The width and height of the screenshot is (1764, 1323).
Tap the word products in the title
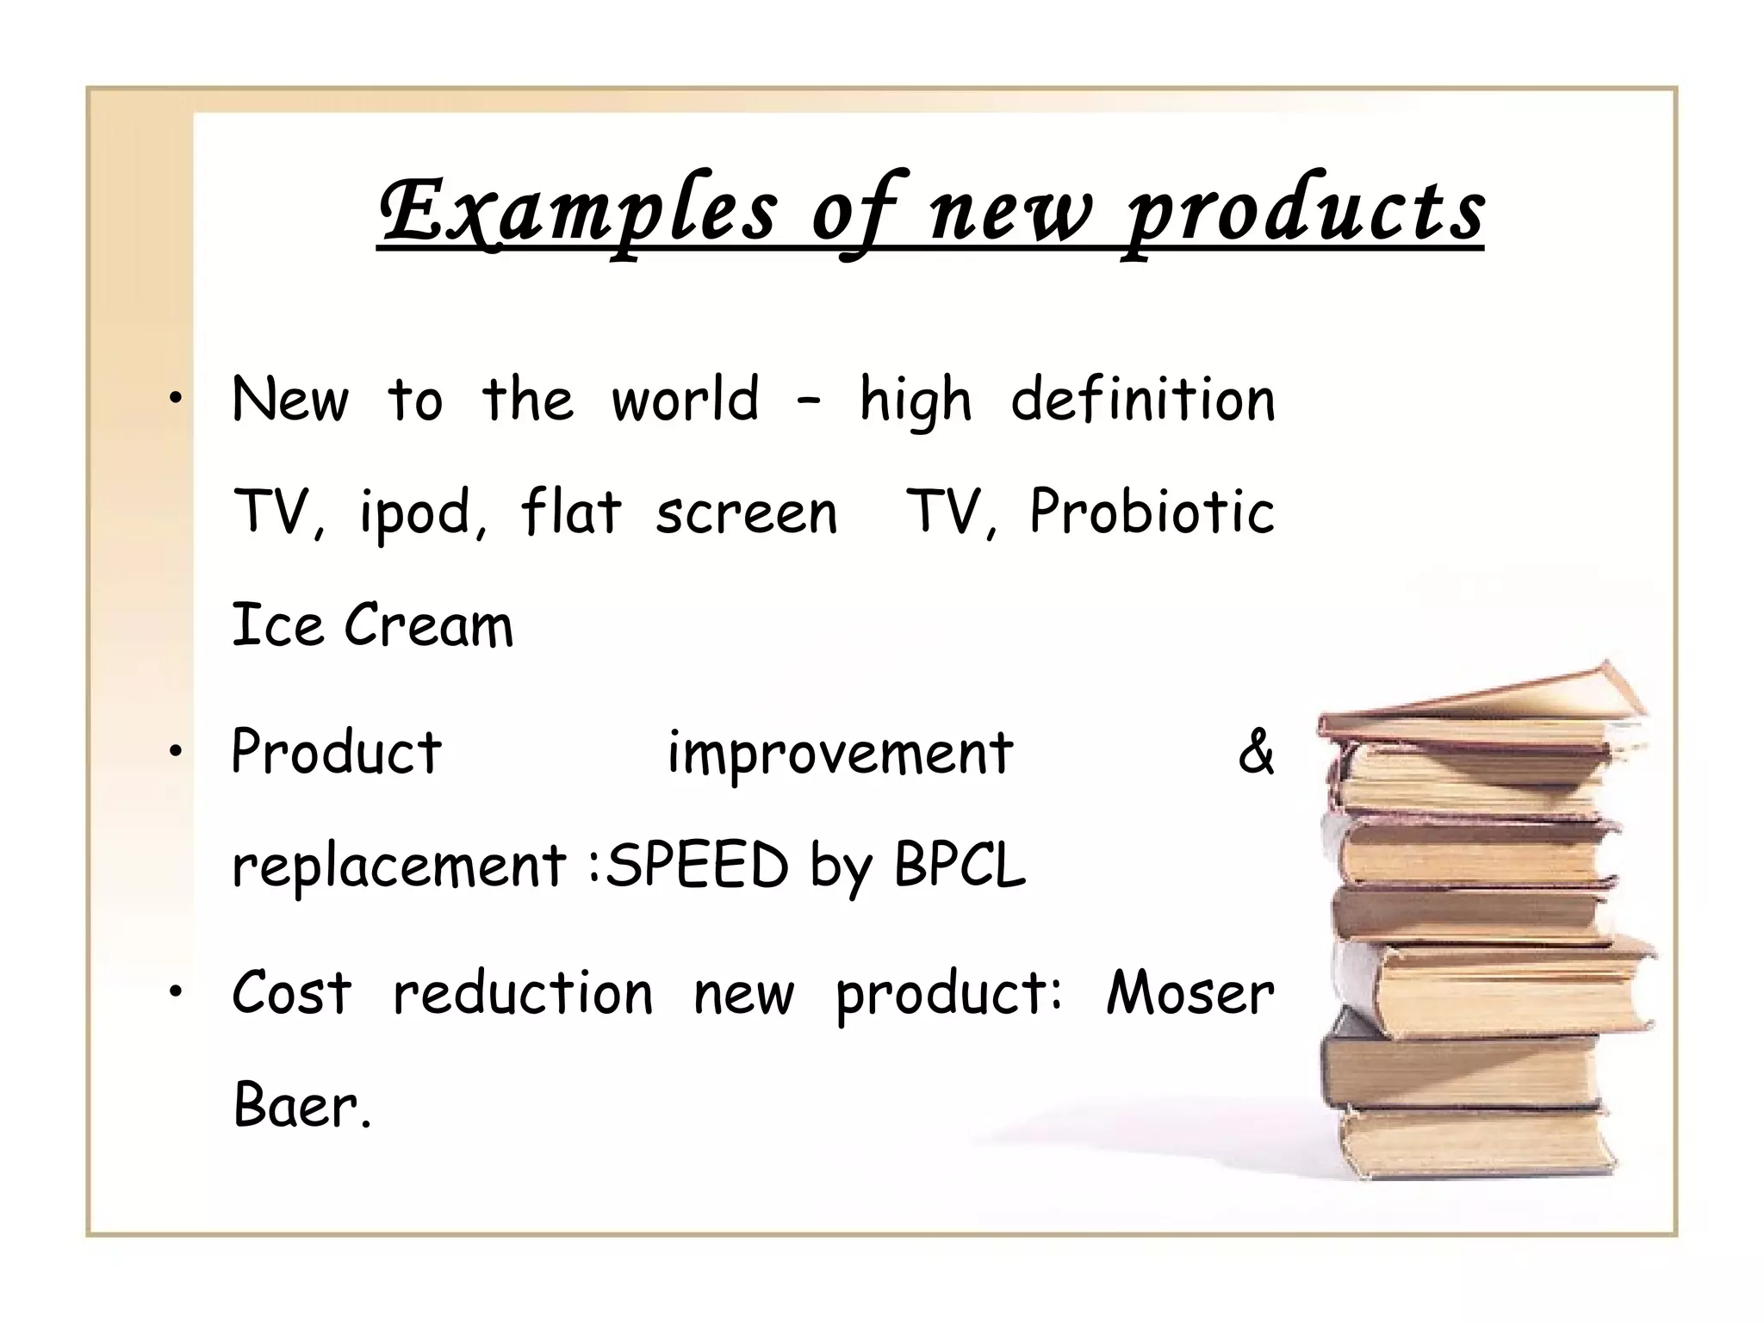click(x=1306, y=211)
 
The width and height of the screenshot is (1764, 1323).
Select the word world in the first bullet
click(x=685, y=401)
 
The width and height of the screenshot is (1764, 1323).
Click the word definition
click(x=1142, y=401)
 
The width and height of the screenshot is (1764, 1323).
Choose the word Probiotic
click(x=1152, y=512)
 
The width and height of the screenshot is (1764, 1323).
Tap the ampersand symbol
click(x=1255, y=752)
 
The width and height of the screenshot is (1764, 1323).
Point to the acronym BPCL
click(x=960, y=865)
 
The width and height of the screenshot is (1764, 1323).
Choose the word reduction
click(x=523, y=993)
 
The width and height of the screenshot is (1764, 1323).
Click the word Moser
click(x=1189, y=993)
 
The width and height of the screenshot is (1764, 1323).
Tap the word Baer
click(x=301, y=1106)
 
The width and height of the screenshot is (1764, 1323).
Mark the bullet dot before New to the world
click(x=176, y=398)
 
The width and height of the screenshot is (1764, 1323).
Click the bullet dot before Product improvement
click(x=176, y=752)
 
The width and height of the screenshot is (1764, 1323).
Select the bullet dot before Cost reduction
click(x=176, y=993)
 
